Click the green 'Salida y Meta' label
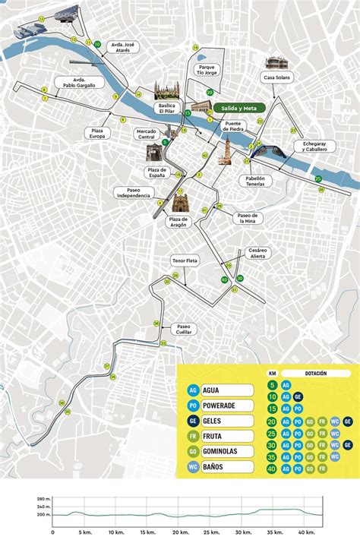238,108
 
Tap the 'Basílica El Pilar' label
166,107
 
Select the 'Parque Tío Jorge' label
207,71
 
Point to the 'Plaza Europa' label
97,133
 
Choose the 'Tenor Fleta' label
185,261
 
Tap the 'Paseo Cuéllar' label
184,328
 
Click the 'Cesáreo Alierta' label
257,253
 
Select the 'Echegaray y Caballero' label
314,146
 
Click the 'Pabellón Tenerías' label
255,179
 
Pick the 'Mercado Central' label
145,134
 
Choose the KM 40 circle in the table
272,469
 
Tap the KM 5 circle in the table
272,385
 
